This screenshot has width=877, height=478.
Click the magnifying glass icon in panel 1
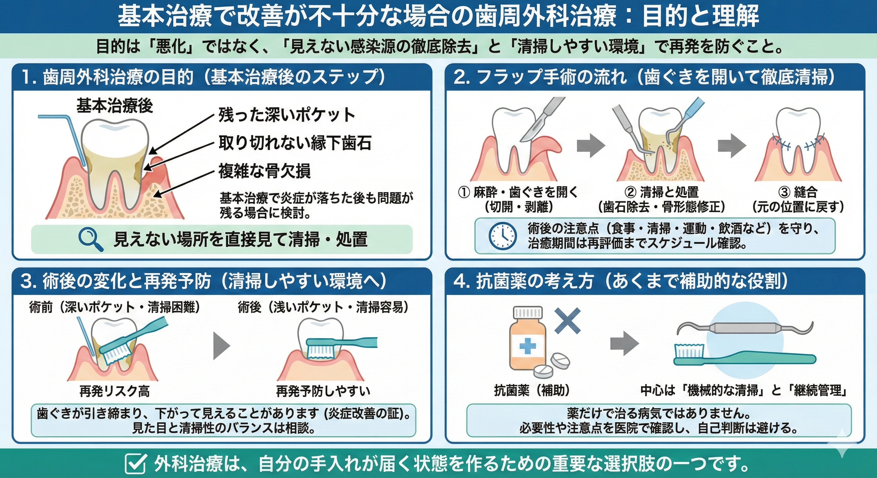[x=90, y=240]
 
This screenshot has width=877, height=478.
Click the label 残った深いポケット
[x=286, y=115]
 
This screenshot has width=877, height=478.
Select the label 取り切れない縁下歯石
[x=295, y=143]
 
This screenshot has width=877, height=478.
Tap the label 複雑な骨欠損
[x=264, y=171]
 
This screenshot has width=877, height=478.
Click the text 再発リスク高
[x=114, y=391]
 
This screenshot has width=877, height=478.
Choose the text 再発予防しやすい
[x=323, y=391]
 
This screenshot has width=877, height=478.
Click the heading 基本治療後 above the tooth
[x=114, y=105]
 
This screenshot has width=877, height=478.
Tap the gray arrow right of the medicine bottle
[x=624, y=344]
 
